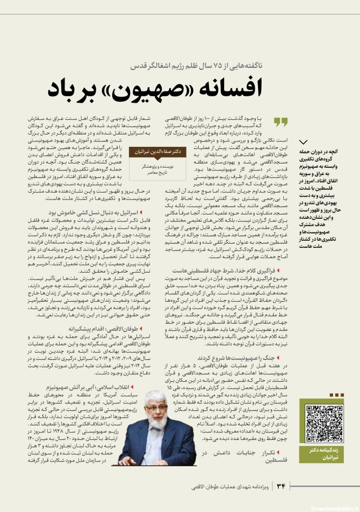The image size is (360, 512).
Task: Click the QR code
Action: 324,422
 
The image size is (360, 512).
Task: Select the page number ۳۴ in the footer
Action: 280,487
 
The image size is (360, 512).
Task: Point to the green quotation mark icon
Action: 280,122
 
